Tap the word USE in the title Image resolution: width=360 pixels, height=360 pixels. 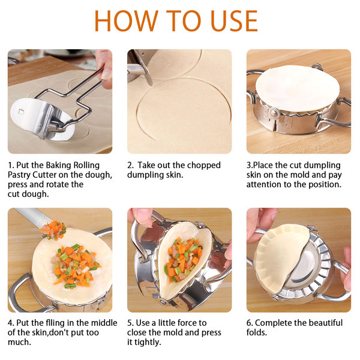click(235, 21)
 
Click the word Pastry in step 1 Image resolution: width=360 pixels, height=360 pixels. click(19, 175)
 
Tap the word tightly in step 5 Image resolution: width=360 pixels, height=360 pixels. click(148, 343)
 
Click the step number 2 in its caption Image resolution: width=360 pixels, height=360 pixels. click(130, 166)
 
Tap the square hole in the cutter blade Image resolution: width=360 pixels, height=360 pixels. click(21, 112)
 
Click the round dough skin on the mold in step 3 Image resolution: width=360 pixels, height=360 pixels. click(298, 88)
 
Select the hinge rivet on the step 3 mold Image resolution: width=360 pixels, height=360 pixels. click(273, 113)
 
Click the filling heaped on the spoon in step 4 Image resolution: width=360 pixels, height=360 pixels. click(53, 230)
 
